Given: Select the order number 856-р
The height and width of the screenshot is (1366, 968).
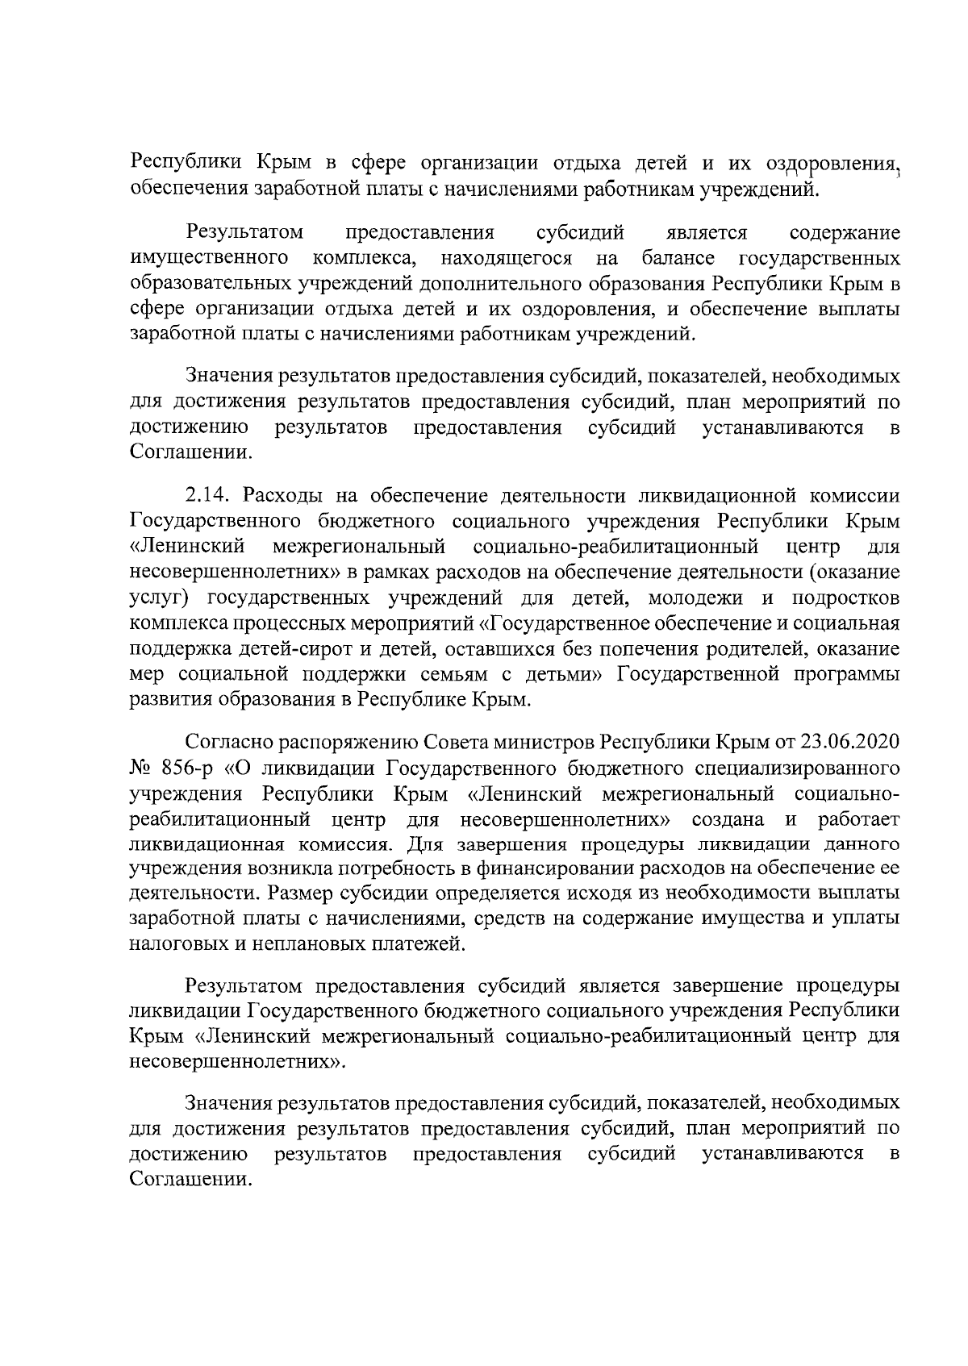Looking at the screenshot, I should pyautogui.click(x=178, y=767).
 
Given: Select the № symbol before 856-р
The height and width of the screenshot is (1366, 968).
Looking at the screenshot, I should pyautogui.click(x=141, y=767).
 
